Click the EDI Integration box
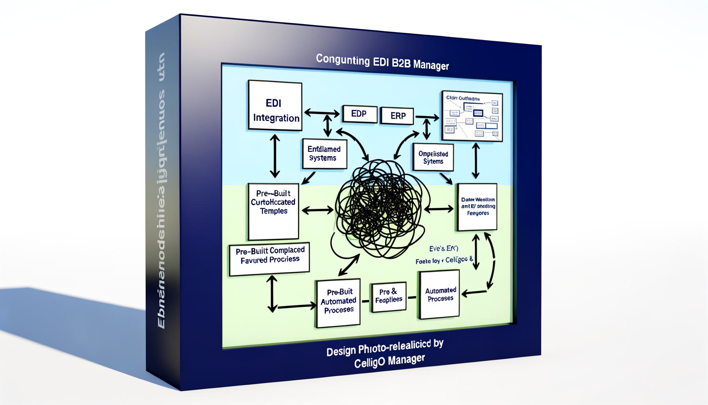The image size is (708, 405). [x=275, y=106]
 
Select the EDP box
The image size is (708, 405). [x=359, y=114]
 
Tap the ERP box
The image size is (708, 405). [x=397, y=116]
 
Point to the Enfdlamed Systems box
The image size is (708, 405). [x=324, y=153]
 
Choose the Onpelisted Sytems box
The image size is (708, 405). [x=433, y=157]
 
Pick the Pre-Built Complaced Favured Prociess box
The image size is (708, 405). [x=269, y=259]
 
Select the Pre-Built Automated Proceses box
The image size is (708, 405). [x=338, y=303]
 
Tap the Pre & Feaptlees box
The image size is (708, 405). [x=389, y=297]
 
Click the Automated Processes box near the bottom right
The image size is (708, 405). [x=439, y=294]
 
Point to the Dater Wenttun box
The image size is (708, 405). [x=477, y=207]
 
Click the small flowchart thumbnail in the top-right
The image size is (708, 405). [x=472, y=116]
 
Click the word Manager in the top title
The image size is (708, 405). [x=431, y=65]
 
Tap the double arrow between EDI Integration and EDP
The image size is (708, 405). [x=322, y=114]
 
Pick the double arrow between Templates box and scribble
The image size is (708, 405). [x=318, y=210]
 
